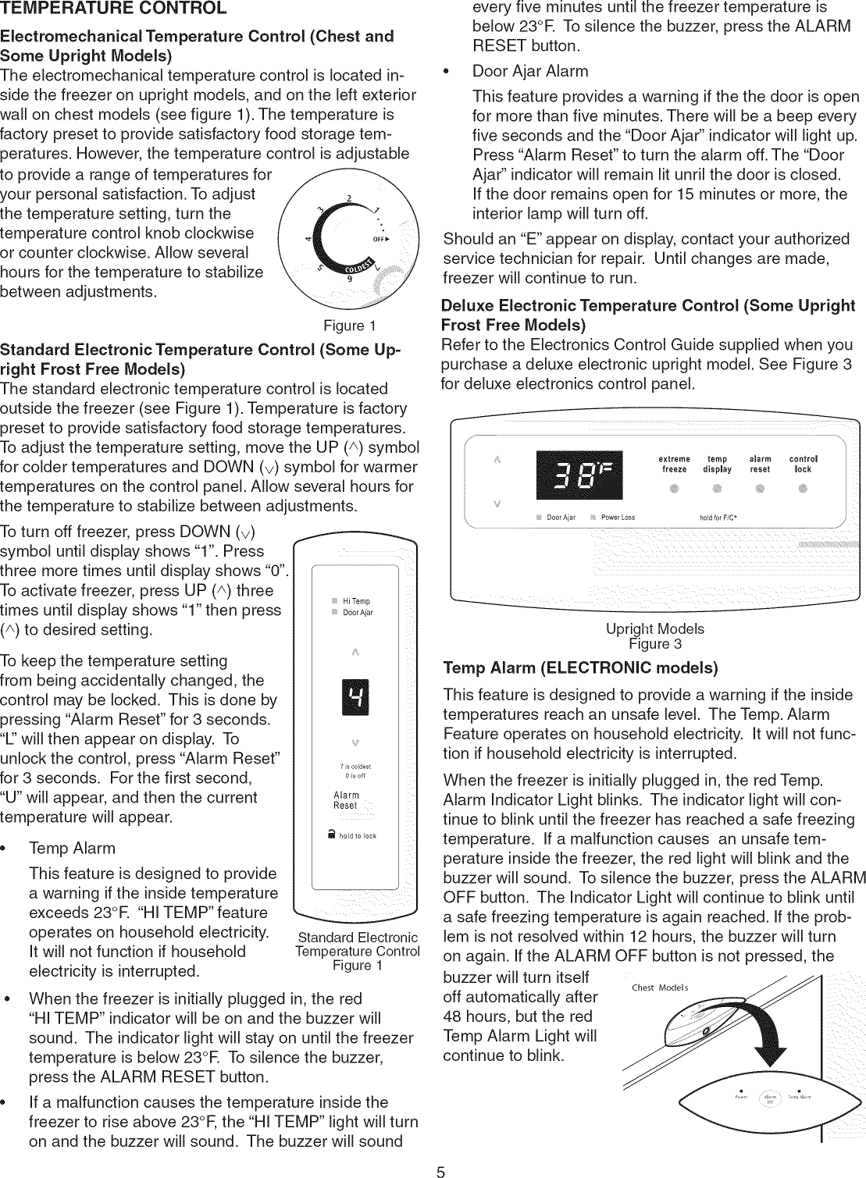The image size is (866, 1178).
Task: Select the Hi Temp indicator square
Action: (333, 601)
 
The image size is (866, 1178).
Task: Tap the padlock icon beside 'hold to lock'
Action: (333, 835)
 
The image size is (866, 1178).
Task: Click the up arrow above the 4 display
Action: (355, 650)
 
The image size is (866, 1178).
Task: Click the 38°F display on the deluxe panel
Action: (579, 475)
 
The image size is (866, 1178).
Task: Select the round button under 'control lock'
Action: (803, 490)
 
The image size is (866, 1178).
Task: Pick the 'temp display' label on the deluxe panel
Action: (717, 464)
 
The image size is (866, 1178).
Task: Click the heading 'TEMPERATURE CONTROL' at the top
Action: (114, 9)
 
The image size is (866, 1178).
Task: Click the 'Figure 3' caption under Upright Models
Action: (655, 644)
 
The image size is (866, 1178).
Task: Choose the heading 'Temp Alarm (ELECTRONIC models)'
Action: (580, 668)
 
